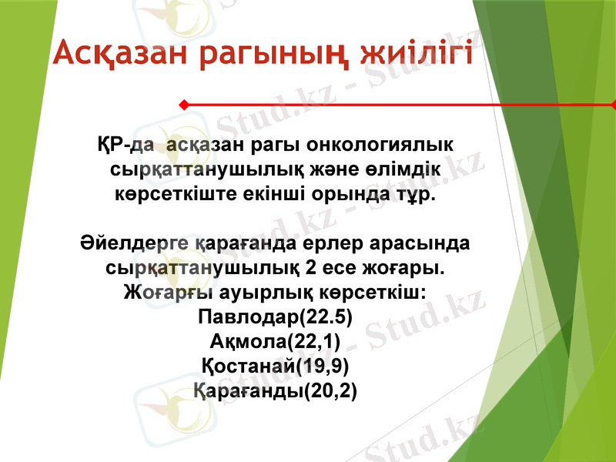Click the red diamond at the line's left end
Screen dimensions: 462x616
tap(183, 104)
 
